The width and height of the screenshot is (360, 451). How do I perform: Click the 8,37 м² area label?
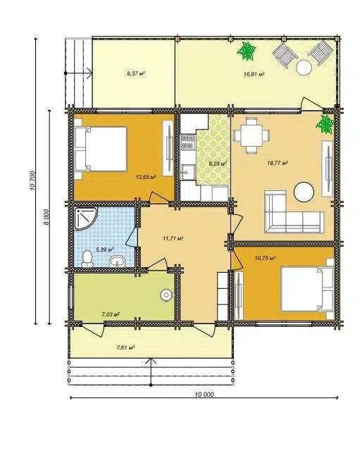coord(136,73)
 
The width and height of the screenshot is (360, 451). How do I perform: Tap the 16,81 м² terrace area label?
coord(254,74)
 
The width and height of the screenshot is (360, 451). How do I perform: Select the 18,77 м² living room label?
coord(278,163)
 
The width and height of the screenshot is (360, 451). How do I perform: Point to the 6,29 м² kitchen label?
coord(218,163)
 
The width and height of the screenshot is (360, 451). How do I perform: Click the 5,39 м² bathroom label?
coord(105,249)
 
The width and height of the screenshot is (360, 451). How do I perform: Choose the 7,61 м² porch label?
coord(125,347)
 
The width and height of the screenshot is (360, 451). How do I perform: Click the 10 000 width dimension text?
coord(204,395)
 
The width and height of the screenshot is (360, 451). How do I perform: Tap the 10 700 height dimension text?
coord(32,180)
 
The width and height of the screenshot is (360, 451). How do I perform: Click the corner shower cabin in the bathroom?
coord(84,218)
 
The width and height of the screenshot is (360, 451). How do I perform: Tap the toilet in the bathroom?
coord(87,258)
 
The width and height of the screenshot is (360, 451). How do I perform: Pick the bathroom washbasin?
coord(117,261)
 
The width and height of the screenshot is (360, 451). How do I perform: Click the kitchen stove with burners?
coord(187,142)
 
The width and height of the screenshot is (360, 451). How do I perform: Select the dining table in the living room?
coord(252,135)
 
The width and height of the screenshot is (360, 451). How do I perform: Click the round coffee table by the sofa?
coord(304,192)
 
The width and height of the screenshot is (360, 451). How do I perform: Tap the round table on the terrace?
coord(304,68)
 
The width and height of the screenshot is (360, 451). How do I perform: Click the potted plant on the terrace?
coord(247,51)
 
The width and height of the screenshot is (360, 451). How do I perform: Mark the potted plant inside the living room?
coord(325,125)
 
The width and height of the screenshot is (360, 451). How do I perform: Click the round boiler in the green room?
coord(166,295)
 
